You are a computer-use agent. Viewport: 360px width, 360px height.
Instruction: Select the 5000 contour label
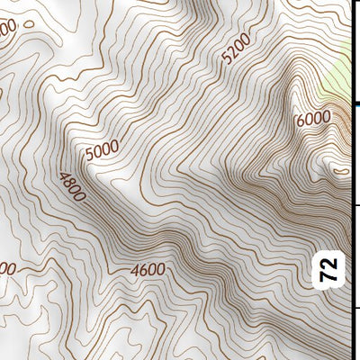(105, 148)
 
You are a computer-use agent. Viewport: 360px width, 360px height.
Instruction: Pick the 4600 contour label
(147, 269)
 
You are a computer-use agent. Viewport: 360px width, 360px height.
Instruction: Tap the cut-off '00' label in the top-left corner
(7, 30)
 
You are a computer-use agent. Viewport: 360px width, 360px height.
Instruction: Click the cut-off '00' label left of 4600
(7, 268)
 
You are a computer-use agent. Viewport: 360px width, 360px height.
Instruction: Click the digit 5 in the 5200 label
(224, 64)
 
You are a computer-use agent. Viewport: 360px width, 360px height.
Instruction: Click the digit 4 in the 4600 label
(134, 270)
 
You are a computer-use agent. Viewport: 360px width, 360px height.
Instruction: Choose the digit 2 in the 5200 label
(229, 58)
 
